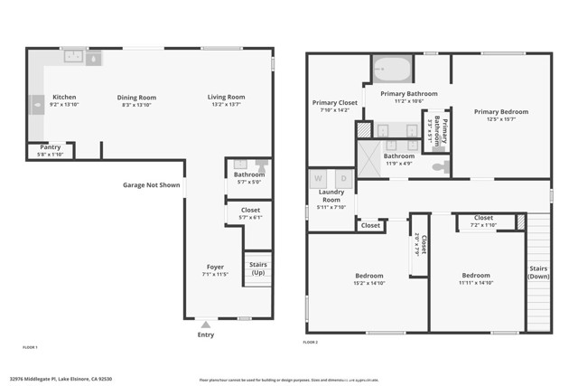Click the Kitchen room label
[64, 97]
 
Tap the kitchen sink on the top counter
[82, 57]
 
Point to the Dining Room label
[136, 97]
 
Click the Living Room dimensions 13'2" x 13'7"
[226, 105]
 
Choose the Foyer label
[215, 267]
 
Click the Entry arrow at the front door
[206, 323]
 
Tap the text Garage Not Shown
[151, 185]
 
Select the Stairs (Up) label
[258, 268]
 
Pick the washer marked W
[318, 178]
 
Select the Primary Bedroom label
[501, 111]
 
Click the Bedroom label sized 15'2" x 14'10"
[368, 275]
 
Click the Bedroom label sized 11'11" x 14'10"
[476, 275]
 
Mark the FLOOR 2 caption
[311, 343]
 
